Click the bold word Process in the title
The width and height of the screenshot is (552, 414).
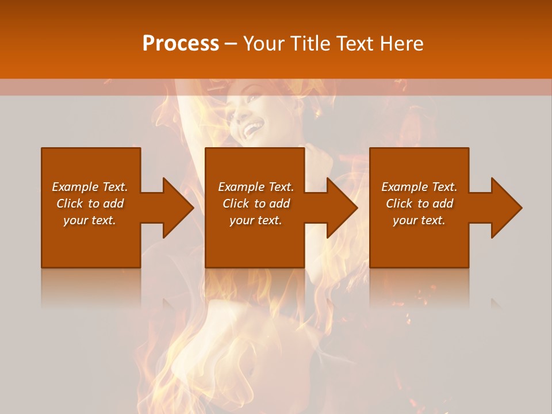click(x=181, y=44)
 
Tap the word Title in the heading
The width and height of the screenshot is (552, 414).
click(x=310, y=44)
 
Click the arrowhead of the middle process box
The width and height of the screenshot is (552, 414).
click(x=341, y=208)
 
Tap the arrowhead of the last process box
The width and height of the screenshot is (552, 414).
click(x=505, y=208)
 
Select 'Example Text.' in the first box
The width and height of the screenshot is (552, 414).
click(x=90, y=187)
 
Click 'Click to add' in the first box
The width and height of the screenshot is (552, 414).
click(x=90, y=204)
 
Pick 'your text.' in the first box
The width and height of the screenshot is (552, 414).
click(x=90, y=220)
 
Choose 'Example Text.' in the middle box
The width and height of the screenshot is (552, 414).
click(x=255, y=187)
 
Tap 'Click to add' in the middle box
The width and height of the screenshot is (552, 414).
click(x=255, y=204)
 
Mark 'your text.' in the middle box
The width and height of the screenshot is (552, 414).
click(x=255, y=220)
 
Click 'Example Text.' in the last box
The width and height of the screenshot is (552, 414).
click(x=419, y=187)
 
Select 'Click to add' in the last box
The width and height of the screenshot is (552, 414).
click(x=419, y=204)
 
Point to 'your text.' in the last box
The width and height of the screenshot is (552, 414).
click(x=419, y=220)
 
